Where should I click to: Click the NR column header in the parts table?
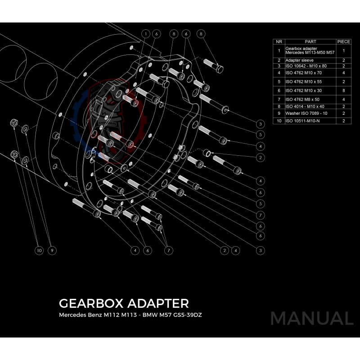[x=279, y=41]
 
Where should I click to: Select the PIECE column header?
[x=343, y=41]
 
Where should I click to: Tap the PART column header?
[x=310, y=41]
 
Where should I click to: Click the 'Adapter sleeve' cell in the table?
[x=299, y=60]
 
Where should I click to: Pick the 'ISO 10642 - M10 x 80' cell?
[x=306, y=66]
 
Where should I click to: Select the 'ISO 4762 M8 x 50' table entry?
[x=302, y=99]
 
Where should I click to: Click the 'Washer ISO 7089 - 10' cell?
[x=306, y=113]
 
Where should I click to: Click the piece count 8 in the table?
[x=343, y=90]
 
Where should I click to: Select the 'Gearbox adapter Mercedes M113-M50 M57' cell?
[x=310, y=51]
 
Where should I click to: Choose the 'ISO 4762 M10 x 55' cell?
[x=303, y=82]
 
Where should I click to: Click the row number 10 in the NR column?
[x=279, y=121]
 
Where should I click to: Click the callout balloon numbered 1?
[x=146, y=34]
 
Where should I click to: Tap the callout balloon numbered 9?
[x=52, y=250]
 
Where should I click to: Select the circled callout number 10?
[x=40, y=250]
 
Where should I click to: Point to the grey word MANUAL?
[x=311, y=318]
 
